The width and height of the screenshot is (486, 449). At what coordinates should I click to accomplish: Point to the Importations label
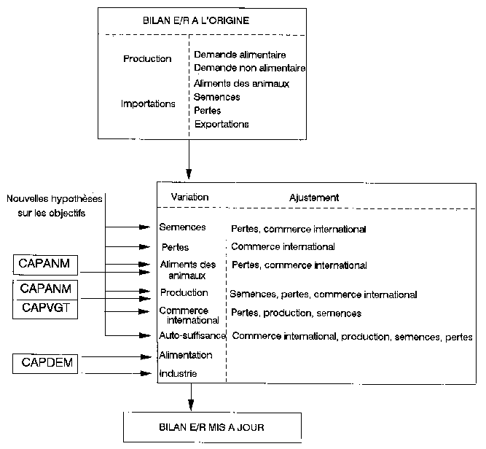point(148,104)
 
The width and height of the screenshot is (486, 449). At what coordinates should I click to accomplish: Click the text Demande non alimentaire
point(250,69)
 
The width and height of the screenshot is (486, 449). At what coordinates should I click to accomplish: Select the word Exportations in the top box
point(222,124)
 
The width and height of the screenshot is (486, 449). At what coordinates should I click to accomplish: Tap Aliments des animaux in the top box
point(242,83)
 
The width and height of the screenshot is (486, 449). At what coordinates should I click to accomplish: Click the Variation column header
point(189,198)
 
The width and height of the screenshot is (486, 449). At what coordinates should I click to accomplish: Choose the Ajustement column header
point(313,198)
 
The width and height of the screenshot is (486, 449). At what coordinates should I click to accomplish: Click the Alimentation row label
point(186,355)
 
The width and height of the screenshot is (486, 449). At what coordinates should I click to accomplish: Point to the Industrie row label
point(179,374)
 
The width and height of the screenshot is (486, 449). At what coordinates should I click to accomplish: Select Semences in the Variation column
point(183,227)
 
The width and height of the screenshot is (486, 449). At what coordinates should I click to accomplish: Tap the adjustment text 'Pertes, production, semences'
point(296,313)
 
